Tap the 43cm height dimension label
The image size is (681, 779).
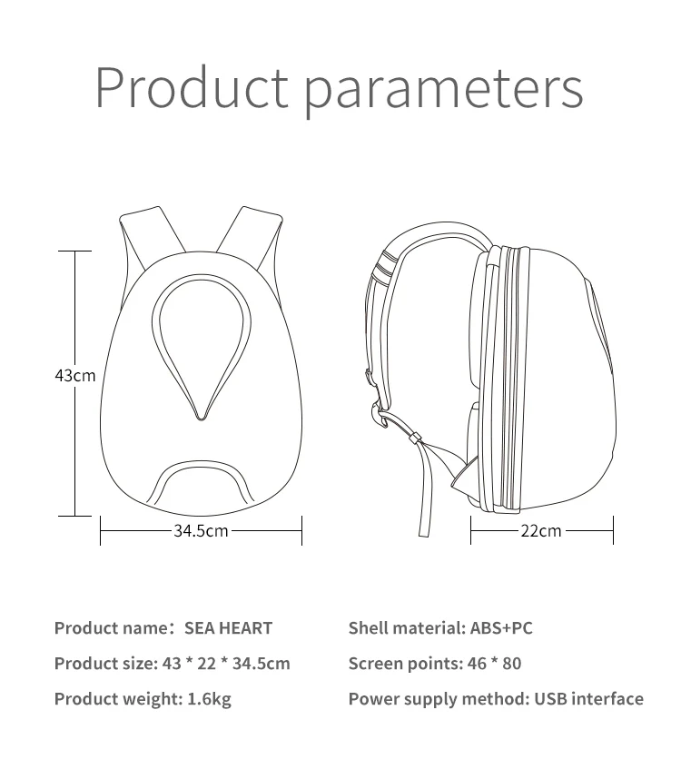pos(74,375)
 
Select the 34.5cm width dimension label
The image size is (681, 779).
pos(201,530)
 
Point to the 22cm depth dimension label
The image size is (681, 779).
pos(541,530)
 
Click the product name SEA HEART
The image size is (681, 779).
pos(228,627)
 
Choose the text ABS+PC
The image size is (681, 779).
pos(501,627)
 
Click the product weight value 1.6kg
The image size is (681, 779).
pos(209,698)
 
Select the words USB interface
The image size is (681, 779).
pos(588,698)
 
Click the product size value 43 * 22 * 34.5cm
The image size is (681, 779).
pos(225,663)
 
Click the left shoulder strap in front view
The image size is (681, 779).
pos(143,236)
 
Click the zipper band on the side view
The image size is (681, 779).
pos(490,381)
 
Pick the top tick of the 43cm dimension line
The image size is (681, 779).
pos(74,251)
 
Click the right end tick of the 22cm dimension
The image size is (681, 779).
pos(614,530)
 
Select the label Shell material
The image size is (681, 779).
pos(407,627)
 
